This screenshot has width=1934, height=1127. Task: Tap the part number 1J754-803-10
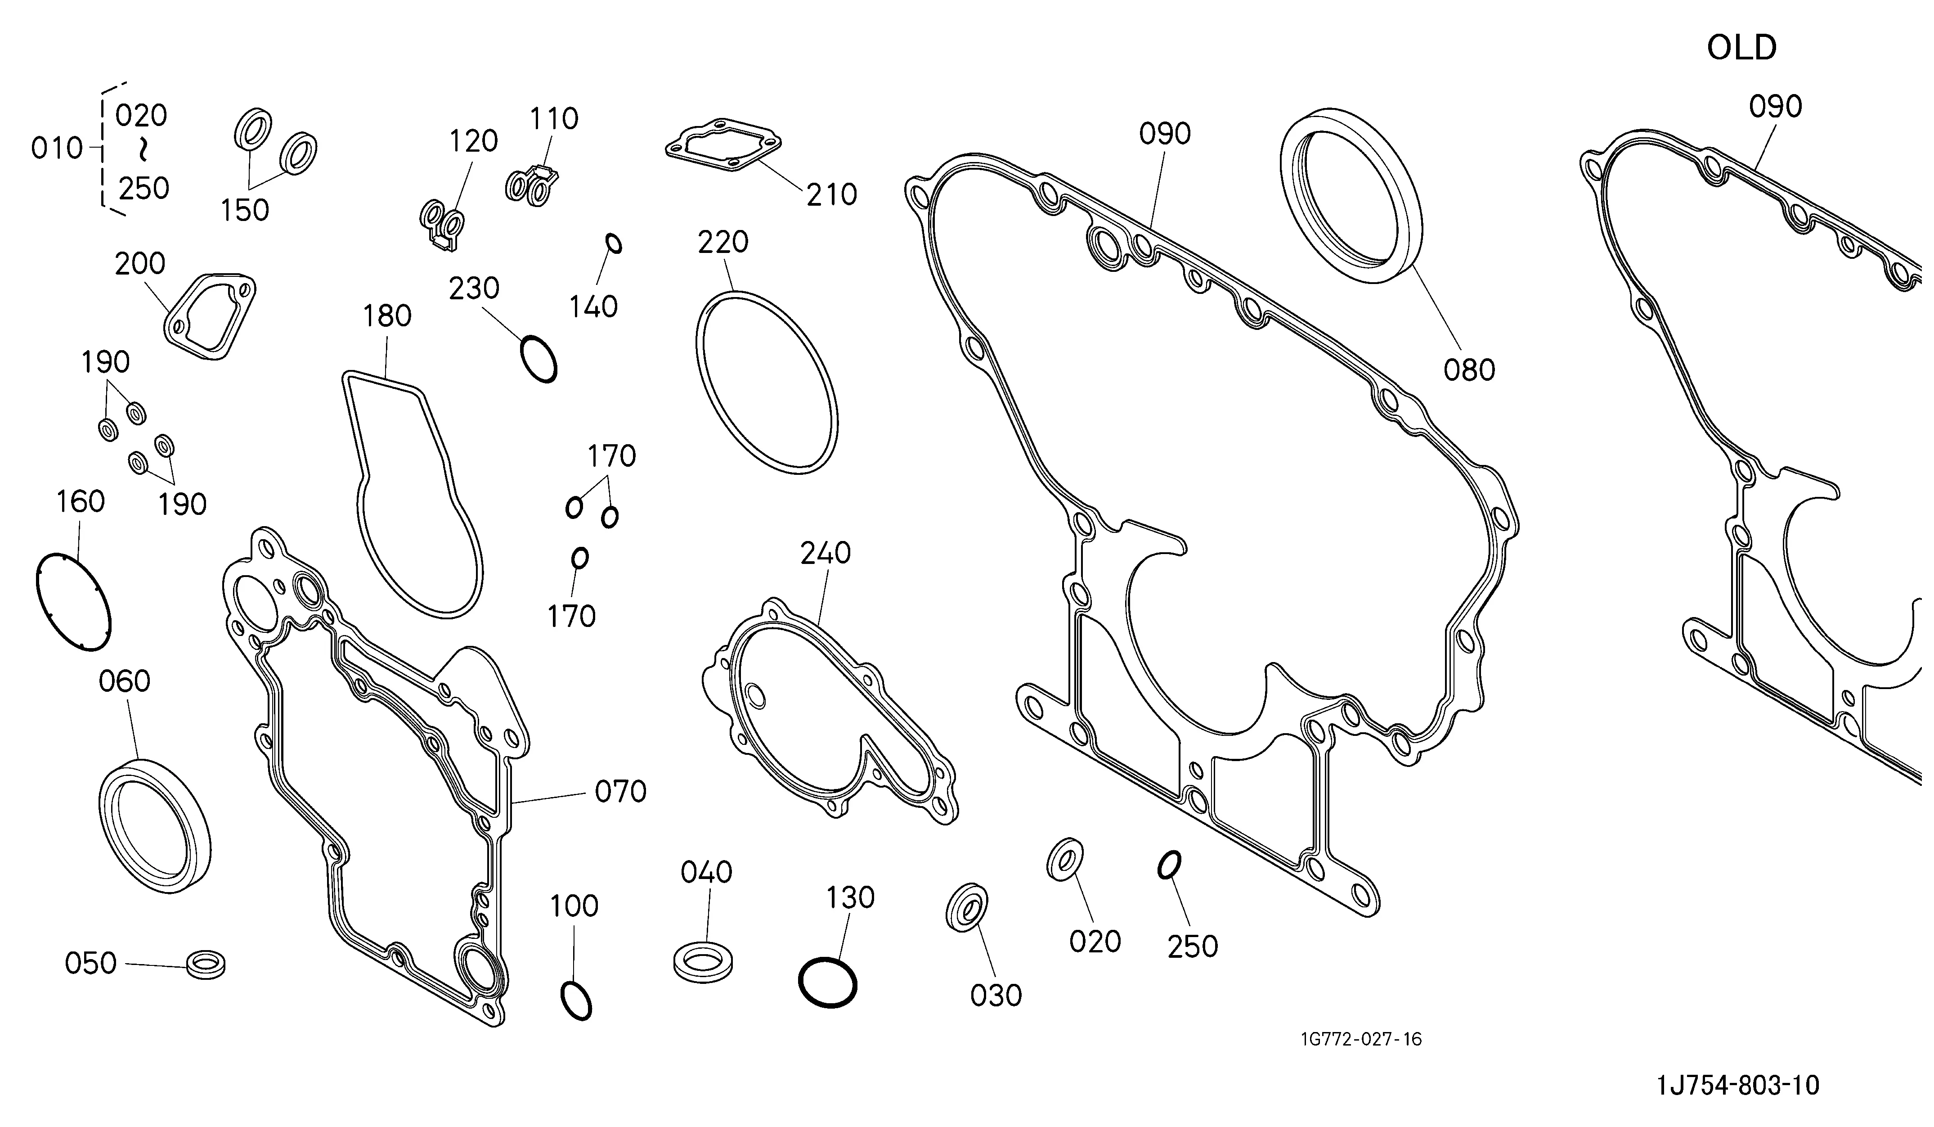[x=1737, y=1086]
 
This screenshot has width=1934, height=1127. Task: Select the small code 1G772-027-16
[x=1361, y=1040]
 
